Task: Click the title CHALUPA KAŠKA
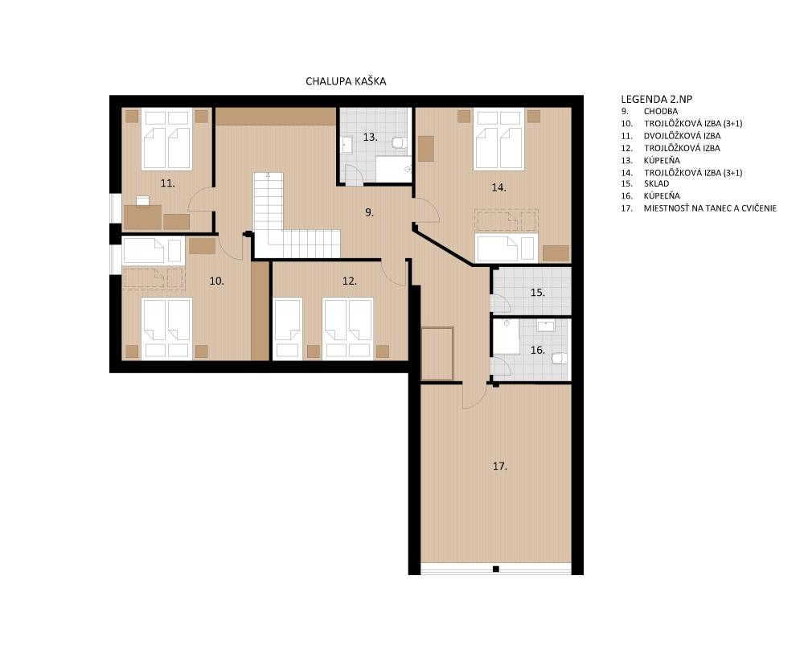pyautogui.click(x=346, y=81)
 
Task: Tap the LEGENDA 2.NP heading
pyautogui.click(x=656, y=100)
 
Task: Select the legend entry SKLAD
pyautogui.click(x=656, y=183)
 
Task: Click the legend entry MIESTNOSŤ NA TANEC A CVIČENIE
pyautogui.click(x=710, y=208)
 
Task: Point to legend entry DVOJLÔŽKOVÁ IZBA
pyautogui.click(x=682, y=136)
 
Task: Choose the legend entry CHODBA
pyautogui.click(x=661, y=111)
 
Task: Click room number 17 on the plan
pyautogui.click(x=499, y=467)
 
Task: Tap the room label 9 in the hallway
pyautogui.click(x=369, y=212)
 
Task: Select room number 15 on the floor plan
pyautogui.click(x=537, y=293)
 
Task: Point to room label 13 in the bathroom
pyautogui.click(x=370, y=137)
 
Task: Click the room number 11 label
pyautogui.click(x=168, y=183)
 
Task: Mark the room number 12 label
pyautogui.click(x=349, y=282)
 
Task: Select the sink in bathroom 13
pyautogui.click(x=347, y=146)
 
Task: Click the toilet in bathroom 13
pyautogui.click(x=400, y=142)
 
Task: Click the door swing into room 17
pyautogui.click(x=474, y=396)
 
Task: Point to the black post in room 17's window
pyautogui.click(x=496, y=569)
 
